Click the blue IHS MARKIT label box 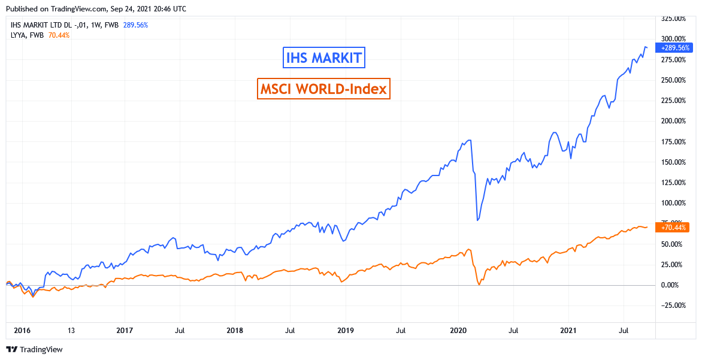[x=323, y=58]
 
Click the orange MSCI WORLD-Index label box [x=323, y=89]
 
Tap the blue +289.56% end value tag [x=674, y=47]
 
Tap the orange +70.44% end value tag [x=674, y=227]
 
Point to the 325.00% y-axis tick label [x=673, y=19]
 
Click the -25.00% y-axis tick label [x=673, y=305]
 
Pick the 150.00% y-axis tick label [x=673, y=162]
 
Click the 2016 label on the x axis [x=22, y=330]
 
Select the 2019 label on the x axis [x=346, y=330]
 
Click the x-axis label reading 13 [x=71, y=330]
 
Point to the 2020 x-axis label [x=458, y=330]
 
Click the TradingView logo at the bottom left [x=35, y=349]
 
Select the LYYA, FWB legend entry [x=28, y=35]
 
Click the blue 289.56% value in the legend [x=135, y=25]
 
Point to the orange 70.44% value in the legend [x=59, y=35]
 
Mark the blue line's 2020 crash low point [x=477, y=220]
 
